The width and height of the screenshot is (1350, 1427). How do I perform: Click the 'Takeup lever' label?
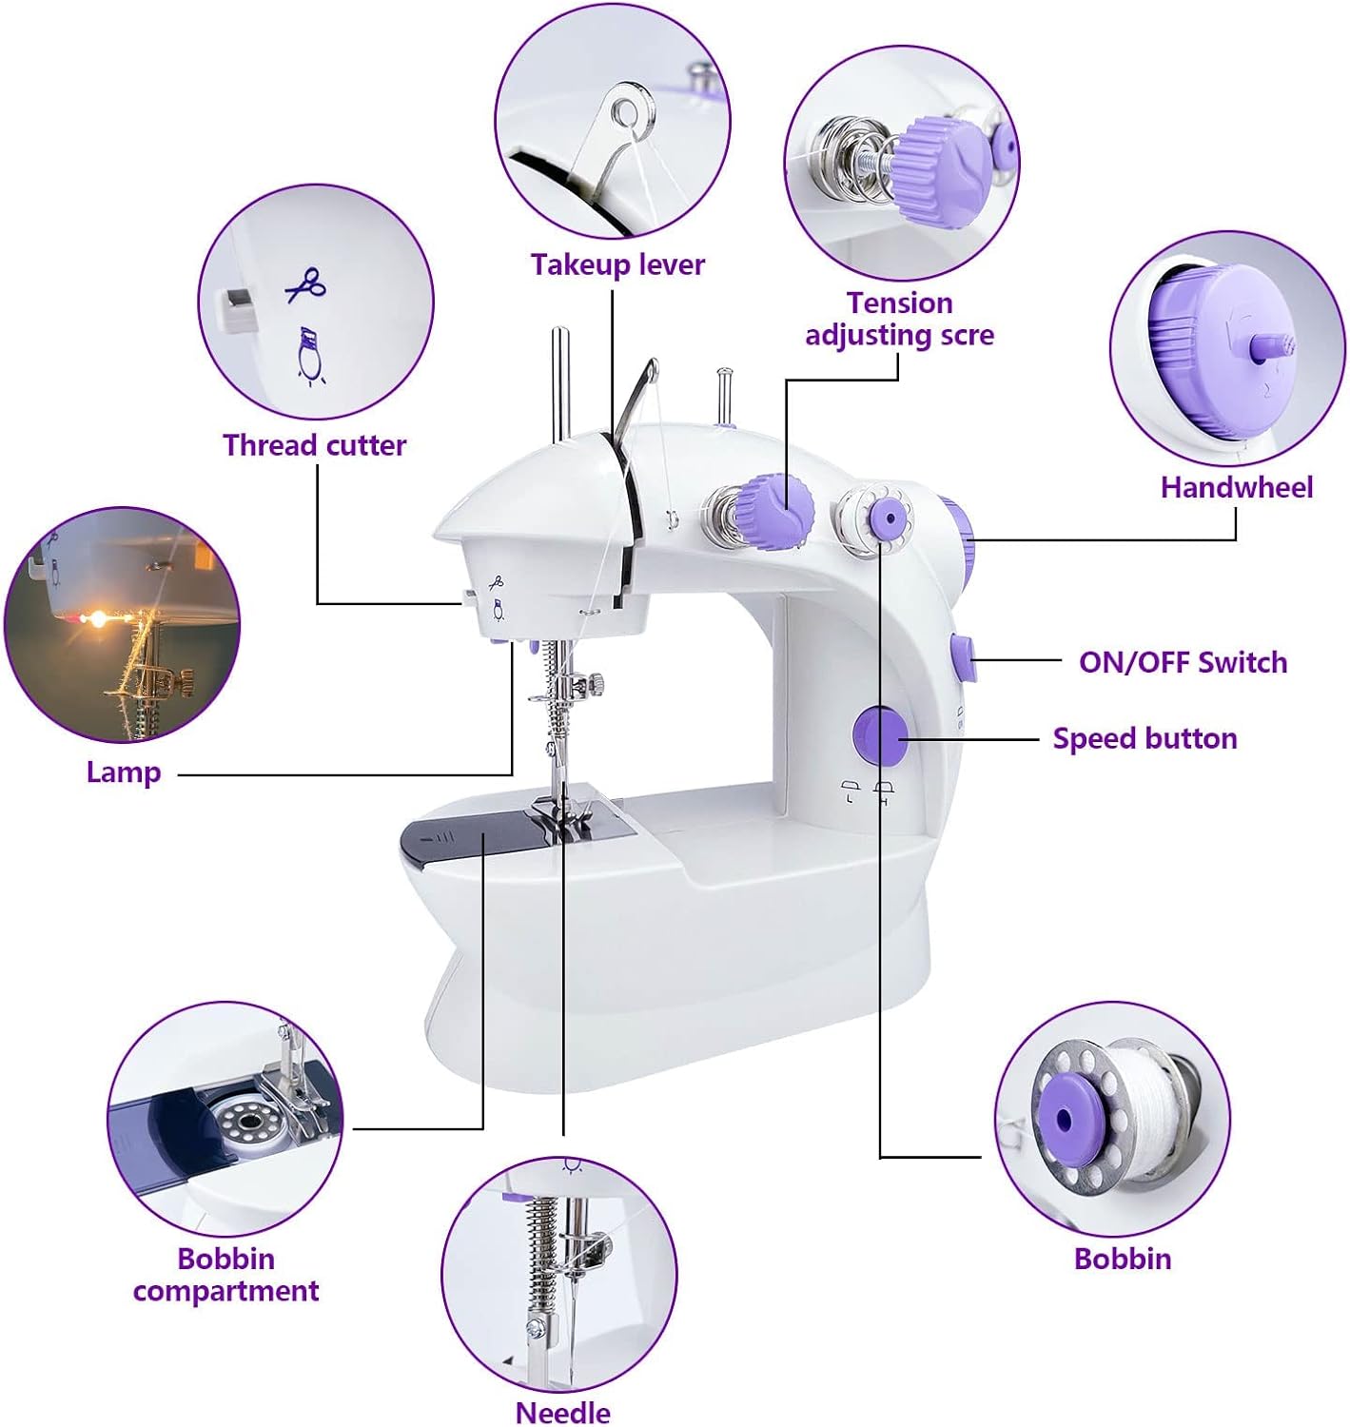coord(616,264)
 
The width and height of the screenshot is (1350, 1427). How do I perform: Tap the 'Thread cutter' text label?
coord(314,445)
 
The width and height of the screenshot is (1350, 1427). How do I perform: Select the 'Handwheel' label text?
coord(1236,487)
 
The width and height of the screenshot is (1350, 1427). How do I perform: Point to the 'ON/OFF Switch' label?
coord(1183,662)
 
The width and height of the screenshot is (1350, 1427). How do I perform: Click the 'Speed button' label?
coord(1145,738)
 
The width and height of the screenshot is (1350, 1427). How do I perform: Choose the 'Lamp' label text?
coord(124,772)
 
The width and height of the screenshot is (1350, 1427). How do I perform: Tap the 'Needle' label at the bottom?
coord(562,1413)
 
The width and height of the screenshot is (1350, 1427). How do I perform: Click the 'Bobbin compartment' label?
coord(225,1275)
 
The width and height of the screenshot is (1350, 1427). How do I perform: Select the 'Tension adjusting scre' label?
coord(899,319)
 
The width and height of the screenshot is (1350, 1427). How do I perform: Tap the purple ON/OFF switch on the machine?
coord(964,657)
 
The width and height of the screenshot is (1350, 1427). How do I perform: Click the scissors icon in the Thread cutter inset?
coord(305,285)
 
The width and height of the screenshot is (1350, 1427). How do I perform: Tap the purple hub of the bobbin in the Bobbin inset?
coord(1064,1121)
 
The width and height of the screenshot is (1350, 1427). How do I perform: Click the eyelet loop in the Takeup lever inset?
coord(623,111)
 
